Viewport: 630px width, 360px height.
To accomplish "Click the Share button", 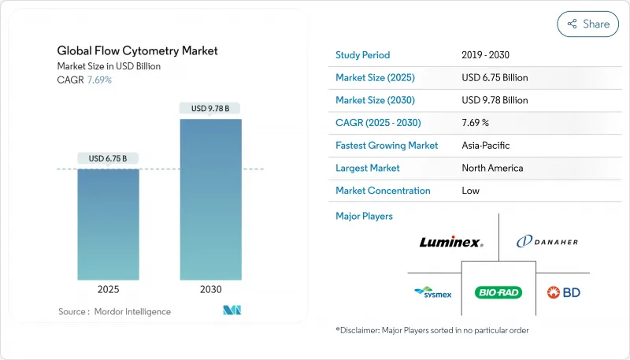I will (x=587, y=24).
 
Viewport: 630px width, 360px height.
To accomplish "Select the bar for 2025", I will (x=108, y=225).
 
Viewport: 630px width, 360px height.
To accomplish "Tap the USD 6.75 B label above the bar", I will (x=108, y=158).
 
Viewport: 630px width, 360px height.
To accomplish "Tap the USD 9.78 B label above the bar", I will (x=210, y=108).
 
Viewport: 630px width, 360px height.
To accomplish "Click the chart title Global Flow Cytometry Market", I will (x=138, y=51).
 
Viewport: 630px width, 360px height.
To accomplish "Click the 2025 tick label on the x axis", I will (x=108, y=289).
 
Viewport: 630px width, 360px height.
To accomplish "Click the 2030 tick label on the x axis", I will (x=210, y=289).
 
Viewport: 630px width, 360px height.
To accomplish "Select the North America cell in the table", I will (x=492, y=168).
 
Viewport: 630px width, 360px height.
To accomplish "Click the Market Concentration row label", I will (x=383, y=191).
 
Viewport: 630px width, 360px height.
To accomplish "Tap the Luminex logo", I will (x=450, y=243).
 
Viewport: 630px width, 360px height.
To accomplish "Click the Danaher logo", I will (x=547, y=243).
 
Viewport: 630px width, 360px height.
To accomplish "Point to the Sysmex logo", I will (x=432, y=292).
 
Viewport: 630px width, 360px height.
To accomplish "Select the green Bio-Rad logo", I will (x=498, y=292).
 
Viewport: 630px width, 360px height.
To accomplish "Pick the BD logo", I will (x=564, y=292).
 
